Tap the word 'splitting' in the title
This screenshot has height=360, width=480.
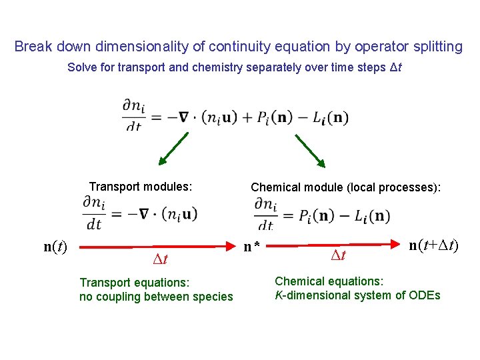pyautogui.click(x=436, y=47)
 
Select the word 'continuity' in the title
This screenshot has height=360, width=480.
pyautogui.click(x=239, y=47)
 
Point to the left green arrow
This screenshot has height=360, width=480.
pyautogui.click(x=177, y=149)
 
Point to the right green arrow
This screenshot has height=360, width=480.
pyautogui.click(x=309, y=149)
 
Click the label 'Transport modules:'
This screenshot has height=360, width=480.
pyautogui.click(x=141, y=187)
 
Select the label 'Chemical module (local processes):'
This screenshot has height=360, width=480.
pyautogui.click(x=345, y=187)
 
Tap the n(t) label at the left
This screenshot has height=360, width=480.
pyautogui.click(x=55, y=247)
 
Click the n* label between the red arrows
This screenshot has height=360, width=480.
pyautogui.click(x=251, y=247)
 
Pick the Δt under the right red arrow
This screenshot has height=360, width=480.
pyautogui.click(x=339, y=255)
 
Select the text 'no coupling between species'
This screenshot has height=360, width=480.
pyautogui.click(x=156, y=297)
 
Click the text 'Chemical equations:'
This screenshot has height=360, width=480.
pyautogui.click(x=329, y=281)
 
